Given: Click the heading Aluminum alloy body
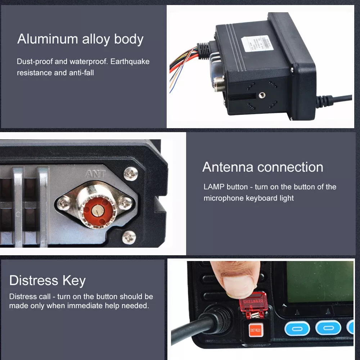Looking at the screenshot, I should tap(80, 39).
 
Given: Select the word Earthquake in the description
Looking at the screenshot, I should tap(130, 61).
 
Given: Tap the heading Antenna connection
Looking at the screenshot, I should tap(262, 167).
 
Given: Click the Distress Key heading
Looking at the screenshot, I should tap(48, 280).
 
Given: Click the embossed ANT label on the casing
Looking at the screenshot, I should tap(96, 174).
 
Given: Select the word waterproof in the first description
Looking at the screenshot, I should tap(86, 61).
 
